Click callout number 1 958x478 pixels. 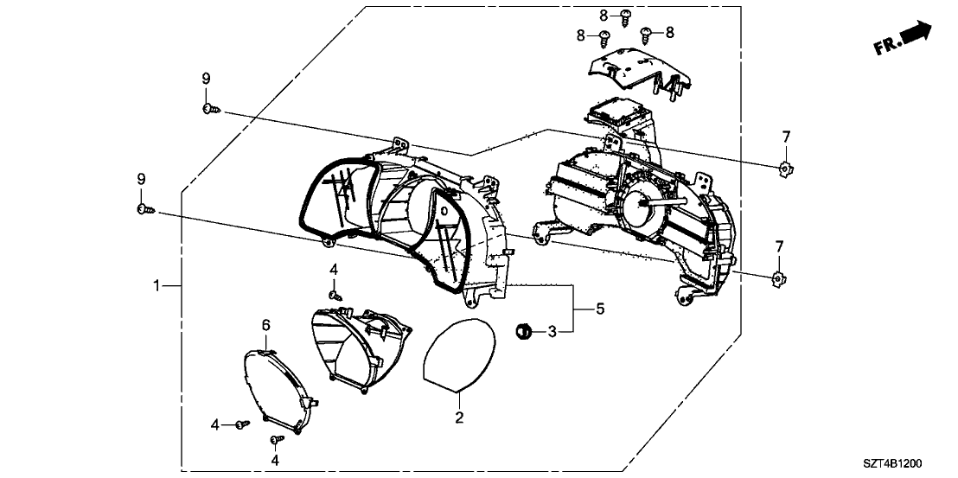click(156, 285)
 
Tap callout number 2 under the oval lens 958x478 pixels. click(460, 418)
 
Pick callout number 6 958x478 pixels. click(266, 325)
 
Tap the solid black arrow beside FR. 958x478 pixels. click(916, 34)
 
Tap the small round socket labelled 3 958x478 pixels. click(524, 330)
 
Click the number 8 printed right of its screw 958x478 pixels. click(669, 32)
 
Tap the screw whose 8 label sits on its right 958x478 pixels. click(648, 33)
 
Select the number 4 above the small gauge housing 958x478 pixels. click(333, 271)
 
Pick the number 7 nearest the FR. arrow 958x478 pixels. click(786, 137)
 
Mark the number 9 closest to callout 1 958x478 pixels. click(141, 179)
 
